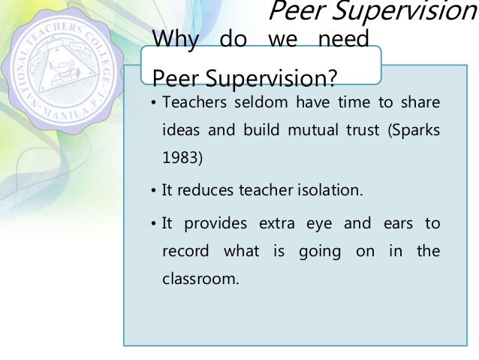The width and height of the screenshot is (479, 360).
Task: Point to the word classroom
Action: click(x=200, y=280)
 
